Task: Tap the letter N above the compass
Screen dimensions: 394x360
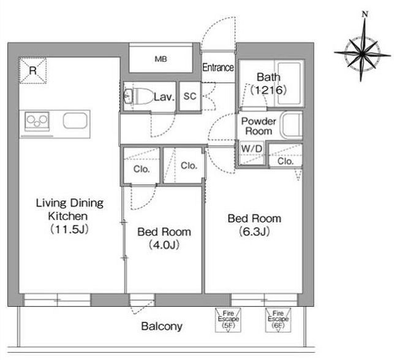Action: click(365, 14)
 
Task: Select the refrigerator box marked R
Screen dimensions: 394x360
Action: click(33, 70)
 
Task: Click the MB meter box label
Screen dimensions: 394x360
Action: click(161, 59)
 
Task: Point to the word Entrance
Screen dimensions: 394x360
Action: click(218, 67)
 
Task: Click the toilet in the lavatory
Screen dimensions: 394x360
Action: click(139, 96)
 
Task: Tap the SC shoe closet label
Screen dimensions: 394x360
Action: click(190, 96)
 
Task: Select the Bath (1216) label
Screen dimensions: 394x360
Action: click(268, 83)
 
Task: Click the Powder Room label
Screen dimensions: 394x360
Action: click(259, 126)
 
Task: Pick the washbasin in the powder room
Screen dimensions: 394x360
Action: click(292, 126)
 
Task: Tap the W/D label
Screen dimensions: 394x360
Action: click(251, 148)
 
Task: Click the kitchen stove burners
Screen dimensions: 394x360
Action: click(37, 121)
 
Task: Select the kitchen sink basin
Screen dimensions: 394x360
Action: click(75, 120)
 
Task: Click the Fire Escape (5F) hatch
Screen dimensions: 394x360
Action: click(228, 320)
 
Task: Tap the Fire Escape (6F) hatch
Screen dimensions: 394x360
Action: click(278, 320)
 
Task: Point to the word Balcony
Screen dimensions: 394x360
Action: click(162, 326)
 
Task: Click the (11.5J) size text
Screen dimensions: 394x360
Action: click(69, 229)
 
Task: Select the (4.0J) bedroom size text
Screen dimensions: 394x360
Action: click(164, 245)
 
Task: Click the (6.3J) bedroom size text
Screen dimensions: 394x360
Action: click(254, 231)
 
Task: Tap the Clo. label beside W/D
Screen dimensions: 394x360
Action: click(286, 161)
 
